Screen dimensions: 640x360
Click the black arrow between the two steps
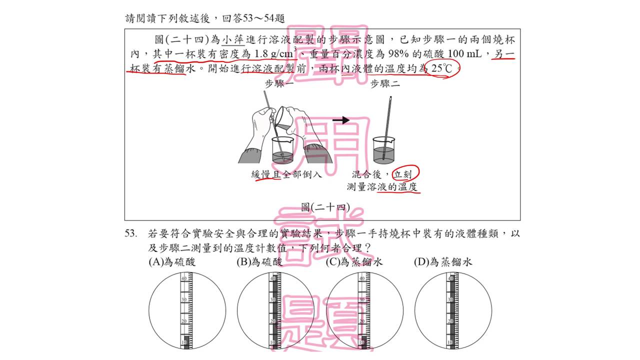[x=341, y=120]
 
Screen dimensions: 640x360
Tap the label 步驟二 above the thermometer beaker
[x=385, y=84]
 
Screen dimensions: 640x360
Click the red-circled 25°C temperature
[x=441, y=68]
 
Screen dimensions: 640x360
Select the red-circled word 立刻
[x=402, y=174]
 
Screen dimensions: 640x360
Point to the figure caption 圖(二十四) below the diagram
[x=325, y=207]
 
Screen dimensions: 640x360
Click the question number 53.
[x=130, y=233]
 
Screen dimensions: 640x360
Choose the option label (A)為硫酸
[x=172, y=261]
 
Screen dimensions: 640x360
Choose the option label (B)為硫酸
[x=259, y=261]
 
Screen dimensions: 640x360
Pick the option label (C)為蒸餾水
[x=354, y=261]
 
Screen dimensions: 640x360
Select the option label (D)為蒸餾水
[x=443, y=261]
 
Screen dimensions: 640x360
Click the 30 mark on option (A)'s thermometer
[x=184, y=299]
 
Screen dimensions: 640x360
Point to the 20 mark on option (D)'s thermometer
[x=450, y=321]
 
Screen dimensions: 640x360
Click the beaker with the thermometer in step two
[x=384, y=150]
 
